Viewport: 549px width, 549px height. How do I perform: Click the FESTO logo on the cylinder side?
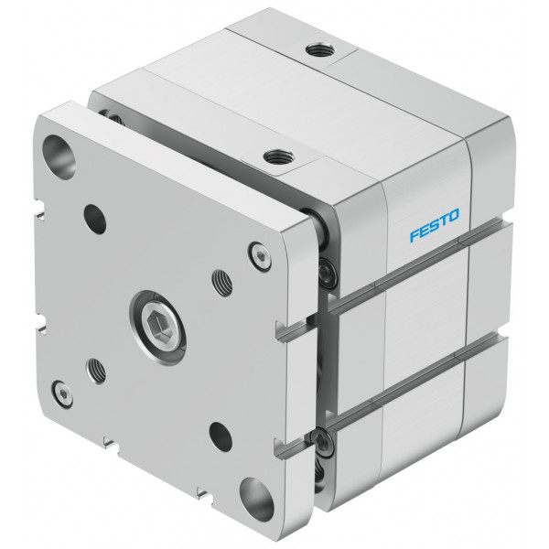(x=434, y=225)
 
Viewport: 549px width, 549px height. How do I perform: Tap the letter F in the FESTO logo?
(x=414, y=236)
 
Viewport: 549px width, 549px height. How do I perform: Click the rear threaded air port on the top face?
(x=321, y=50)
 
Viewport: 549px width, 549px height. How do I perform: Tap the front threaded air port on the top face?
(x=279, y=156)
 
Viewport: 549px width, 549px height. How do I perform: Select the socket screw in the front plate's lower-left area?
(x=62, y=393)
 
